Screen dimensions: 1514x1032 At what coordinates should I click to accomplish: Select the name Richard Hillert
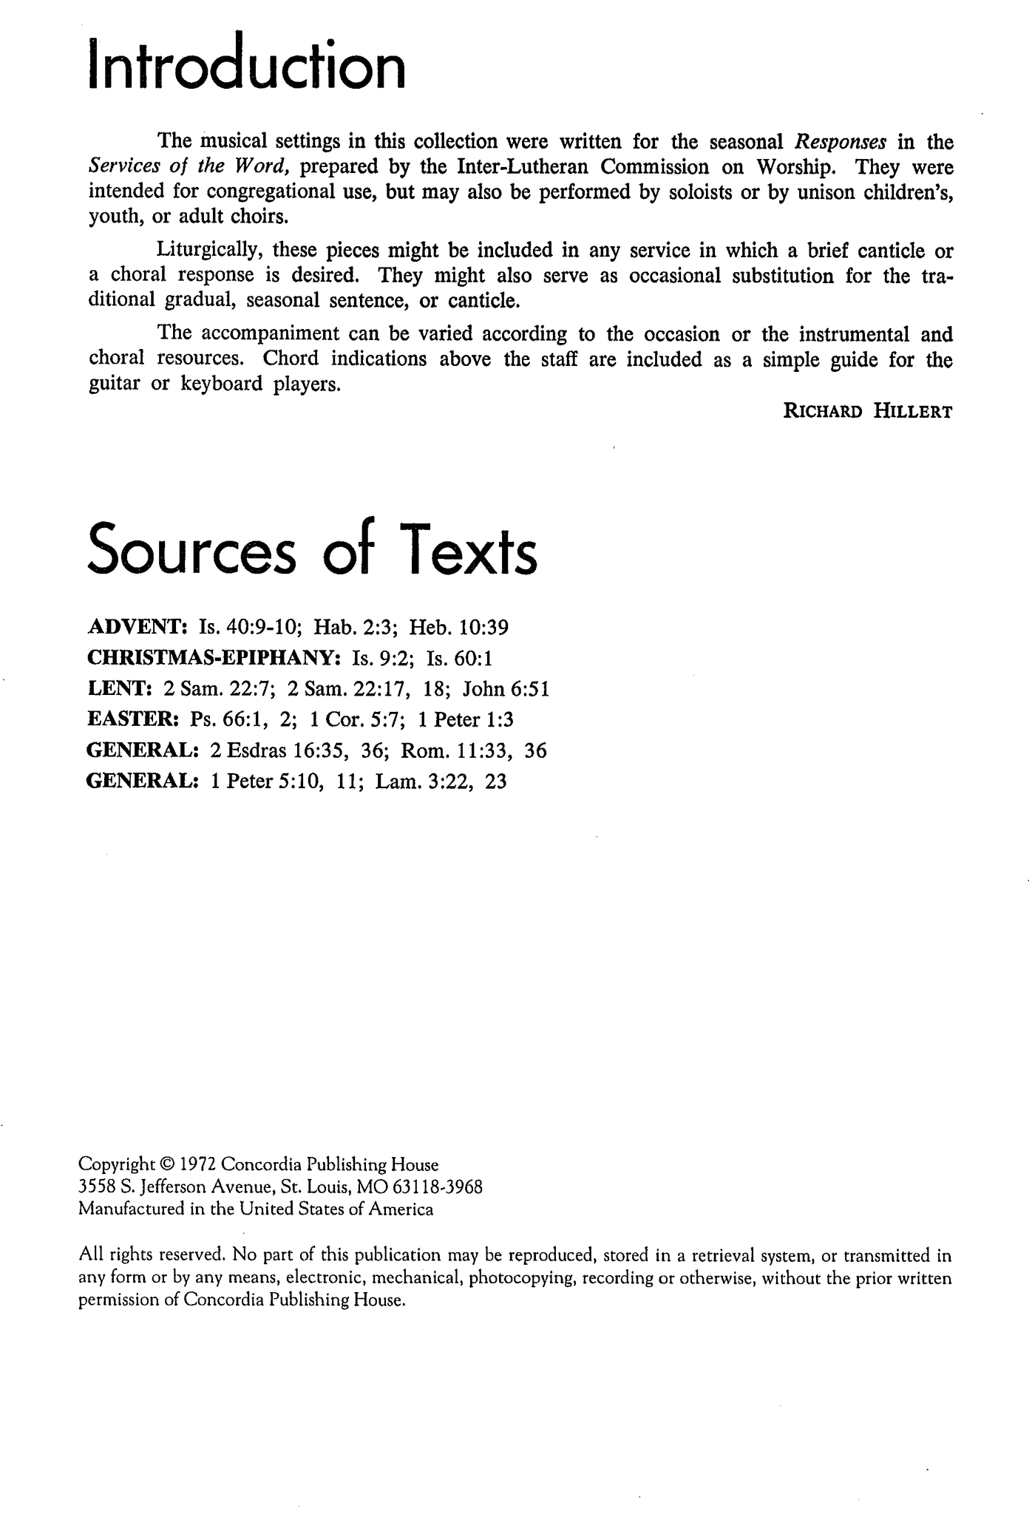coord(867,413)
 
